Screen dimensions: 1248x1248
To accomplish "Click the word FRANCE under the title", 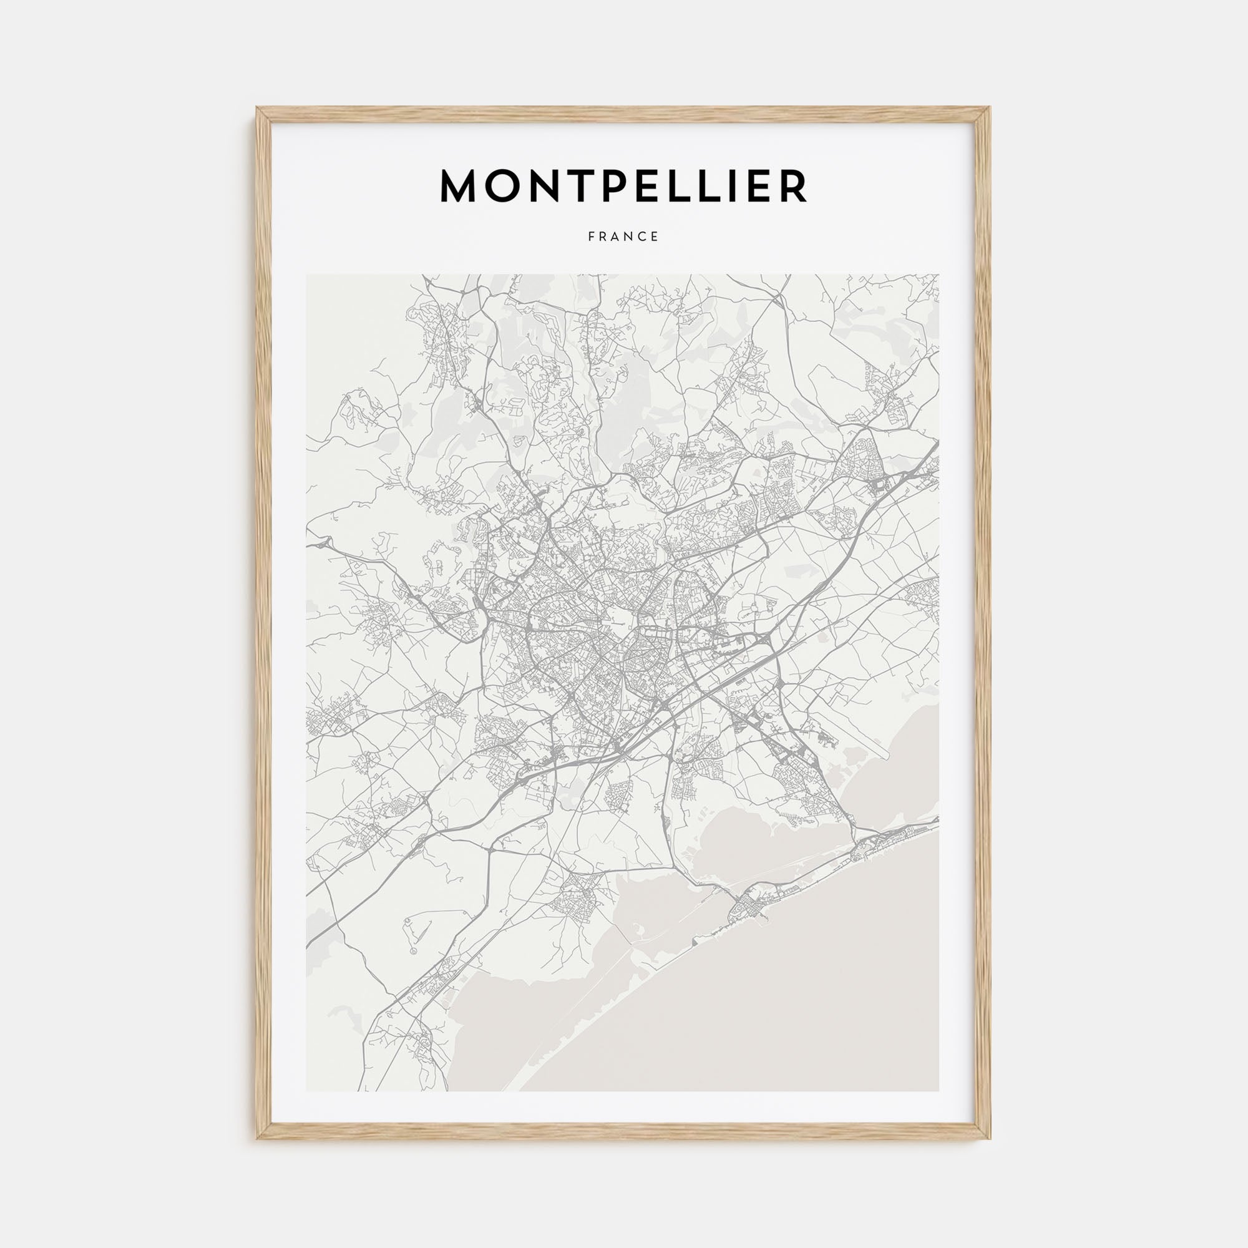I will [623, 237].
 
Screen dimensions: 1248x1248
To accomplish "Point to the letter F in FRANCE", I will [591, 237].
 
